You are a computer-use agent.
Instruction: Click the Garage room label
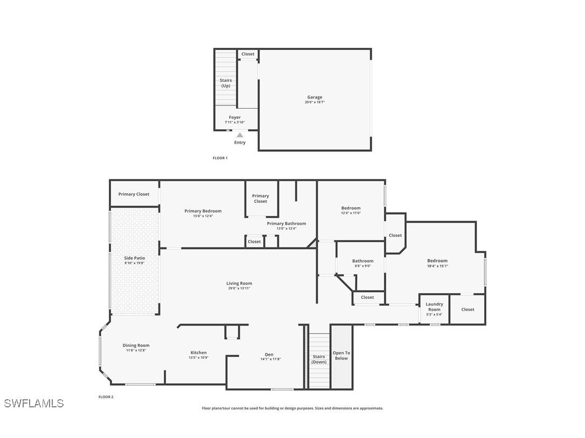click(315, 97)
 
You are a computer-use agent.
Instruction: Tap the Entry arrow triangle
click(240, 135)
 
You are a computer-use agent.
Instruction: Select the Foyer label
click(235, 117)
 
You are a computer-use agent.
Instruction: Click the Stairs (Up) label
click(226, 83)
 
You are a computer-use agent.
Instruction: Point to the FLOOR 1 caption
click(220, 158)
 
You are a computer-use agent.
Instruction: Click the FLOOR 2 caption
click(106, 397)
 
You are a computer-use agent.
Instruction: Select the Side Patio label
click(135, 258)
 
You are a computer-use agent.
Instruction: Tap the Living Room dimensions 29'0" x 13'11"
click(239, 288)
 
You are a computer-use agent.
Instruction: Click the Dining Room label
click(136, 345)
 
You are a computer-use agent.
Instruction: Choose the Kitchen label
click(198, 353)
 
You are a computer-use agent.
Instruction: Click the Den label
click(269, 355)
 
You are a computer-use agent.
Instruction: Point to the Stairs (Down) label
click(319, 359)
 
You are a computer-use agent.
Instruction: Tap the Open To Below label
click(341, 356)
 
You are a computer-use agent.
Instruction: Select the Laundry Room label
click(434, 307)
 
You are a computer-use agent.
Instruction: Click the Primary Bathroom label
click(286, 223)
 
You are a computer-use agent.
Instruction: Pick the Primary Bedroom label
click(203, 211)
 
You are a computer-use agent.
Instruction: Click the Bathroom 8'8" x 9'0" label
click(363, 262)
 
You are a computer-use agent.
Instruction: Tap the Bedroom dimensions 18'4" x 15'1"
click(437, 266)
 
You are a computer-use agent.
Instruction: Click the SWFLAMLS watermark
click(34, 404)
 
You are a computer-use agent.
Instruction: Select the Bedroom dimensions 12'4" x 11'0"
click(351, 213)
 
